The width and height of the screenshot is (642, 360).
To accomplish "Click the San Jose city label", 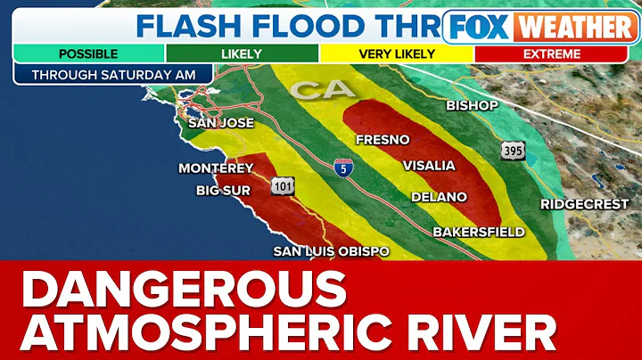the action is [220, 123].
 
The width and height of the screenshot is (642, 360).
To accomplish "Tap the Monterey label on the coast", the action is [217, 168].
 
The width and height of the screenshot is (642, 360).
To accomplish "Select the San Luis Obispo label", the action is [331, 251].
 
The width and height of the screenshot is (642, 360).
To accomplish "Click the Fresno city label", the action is [382, 140].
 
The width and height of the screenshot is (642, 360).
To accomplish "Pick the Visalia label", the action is [429, 166].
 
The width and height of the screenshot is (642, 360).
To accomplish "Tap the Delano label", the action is [439, 196].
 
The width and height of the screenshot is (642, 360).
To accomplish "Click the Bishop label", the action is [472, 106].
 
